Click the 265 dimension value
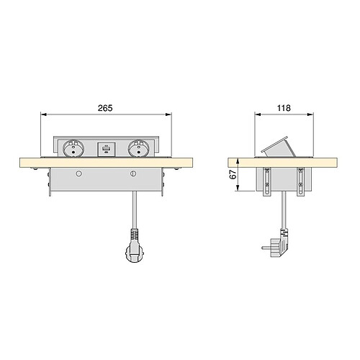click(105, 108)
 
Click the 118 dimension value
click(284, 108)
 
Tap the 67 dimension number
click(233, 174)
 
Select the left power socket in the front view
click(73, 149)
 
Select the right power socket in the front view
click(139, 149)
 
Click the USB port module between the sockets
click(107, 150)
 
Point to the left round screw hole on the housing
click(78, 174)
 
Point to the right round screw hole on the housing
click(132, 174)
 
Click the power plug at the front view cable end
click(135, 246)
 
